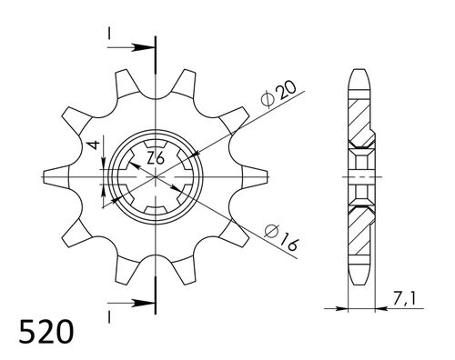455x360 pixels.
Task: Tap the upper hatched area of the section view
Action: tap(361, 118)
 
